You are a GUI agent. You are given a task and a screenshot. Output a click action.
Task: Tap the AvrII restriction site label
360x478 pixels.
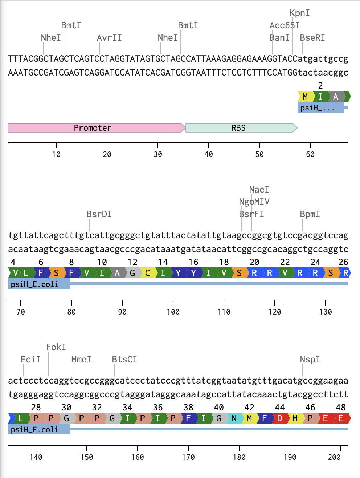(x=109, y=38)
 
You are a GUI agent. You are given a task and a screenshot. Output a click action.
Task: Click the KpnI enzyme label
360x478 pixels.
(x=300, y=13)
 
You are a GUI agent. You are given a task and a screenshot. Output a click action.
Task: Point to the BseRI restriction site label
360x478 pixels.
(x=312, y=38)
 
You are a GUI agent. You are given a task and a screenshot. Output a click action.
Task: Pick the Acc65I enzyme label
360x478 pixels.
(x=285, y=25)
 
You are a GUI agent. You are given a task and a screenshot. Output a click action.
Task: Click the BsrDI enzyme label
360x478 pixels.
(x=99, y=214)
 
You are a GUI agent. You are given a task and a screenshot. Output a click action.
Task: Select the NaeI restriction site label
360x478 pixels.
(x=259, y=190)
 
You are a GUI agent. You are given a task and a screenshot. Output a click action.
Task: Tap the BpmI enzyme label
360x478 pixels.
(x=310, y=214)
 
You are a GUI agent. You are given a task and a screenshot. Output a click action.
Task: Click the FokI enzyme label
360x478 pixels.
(x=56, y=347)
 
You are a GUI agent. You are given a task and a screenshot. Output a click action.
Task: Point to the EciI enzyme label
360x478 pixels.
(x=30, y=360)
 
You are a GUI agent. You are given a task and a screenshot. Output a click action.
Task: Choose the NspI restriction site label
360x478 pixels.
(x=310, y=360)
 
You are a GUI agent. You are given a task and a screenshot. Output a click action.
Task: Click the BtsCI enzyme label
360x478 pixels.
(x=124, y=360)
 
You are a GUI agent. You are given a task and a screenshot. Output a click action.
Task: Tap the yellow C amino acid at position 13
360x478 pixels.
(x=148, y=273)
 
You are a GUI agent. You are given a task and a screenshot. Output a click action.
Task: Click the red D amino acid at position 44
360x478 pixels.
(x=280, y=418)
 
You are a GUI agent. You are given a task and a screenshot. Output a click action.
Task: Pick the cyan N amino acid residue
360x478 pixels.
(x=234, y=418)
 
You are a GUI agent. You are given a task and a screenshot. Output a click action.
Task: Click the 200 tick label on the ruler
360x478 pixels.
(x=334, y=457)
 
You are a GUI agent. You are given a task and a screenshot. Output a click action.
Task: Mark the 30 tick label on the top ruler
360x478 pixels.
(x=158, y=154)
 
